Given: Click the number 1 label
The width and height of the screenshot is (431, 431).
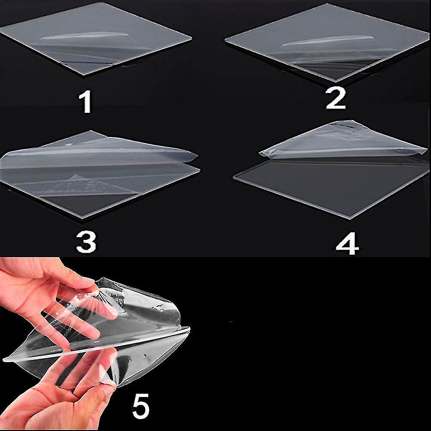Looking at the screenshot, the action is [86, 102].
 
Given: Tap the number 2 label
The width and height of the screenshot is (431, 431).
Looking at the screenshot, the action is [335, 99].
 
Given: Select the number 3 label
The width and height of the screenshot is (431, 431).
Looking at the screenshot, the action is [86, 242].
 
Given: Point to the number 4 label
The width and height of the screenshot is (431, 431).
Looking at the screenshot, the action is [347, 244].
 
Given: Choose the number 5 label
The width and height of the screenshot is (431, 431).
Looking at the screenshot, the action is [141, 406].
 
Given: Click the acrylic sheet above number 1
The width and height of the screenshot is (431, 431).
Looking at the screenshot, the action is [96, 38].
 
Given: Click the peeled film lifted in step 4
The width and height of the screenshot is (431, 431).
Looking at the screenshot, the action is [344, 140].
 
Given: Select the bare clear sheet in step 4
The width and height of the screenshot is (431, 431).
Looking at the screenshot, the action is [331, 187].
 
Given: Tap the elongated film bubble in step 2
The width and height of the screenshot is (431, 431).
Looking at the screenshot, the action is [327, 40].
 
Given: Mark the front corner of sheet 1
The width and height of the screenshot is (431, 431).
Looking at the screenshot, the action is [83, 74].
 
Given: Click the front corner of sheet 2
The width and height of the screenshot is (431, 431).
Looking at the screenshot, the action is [335, 81].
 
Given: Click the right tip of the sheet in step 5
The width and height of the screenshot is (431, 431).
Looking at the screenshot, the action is [189, 329].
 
